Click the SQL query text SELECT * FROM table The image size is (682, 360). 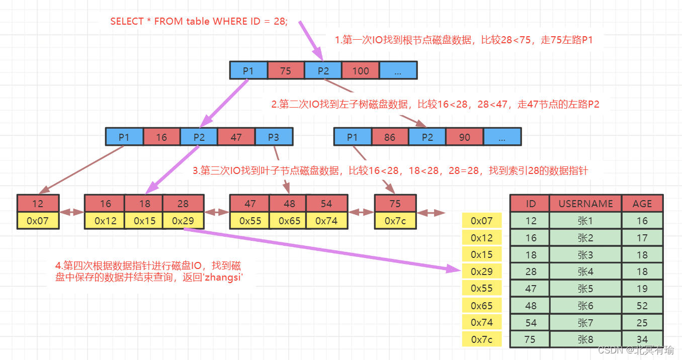click(x=199, y=22)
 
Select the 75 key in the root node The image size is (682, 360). click(x=286, y=71)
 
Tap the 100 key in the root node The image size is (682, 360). click(x=360, y=71)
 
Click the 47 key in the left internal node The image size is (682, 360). click(x=236, y=137)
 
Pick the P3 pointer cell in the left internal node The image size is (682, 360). click(x=274, y=137)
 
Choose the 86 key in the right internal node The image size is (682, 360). click(x=390, y=137)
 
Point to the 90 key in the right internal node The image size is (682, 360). click(x=464, y=137)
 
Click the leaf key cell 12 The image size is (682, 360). click(x=38, y=204)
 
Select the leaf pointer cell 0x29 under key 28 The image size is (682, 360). click(x=184, y=221)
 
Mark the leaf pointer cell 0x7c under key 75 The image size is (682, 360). click(x=395, y=221)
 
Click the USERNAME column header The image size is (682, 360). click(x=585, y=204)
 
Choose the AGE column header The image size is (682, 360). click(x=642, y=204)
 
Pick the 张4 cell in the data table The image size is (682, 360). click(x=585, y=272)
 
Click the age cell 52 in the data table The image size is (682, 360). click(x=642, y=306)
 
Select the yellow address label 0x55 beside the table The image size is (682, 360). click(x=482, y=289)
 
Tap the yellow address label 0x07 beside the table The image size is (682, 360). click(x=482, y=221)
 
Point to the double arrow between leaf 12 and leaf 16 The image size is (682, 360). click(x=71, y=212)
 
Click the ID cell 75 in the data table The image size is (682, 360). click(x=530, y=339)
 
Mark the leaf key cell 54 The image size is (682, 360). click(x=326, y=204)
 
